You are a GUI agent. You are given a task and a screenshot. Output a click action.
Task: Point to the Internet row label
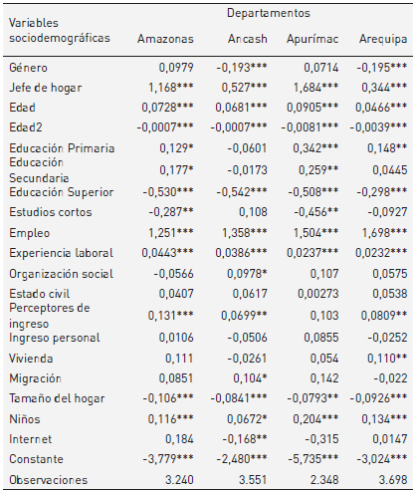coord(29,439)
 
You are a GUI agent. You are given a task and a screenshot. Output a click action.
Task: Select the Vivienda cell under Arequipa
coord(380,357)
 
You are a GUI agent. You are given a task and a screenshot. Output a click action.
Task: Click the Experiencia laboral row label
coord(60,253)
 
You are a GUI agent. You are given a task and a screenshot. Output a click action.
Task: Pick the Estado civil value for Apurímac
coord(318,294)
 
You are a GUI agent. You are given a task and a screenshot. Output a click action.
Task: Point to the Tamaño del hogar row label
coord(57,398)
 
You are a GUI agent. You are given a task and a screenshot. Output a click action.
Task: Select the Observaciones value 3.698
coord(388,481)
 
